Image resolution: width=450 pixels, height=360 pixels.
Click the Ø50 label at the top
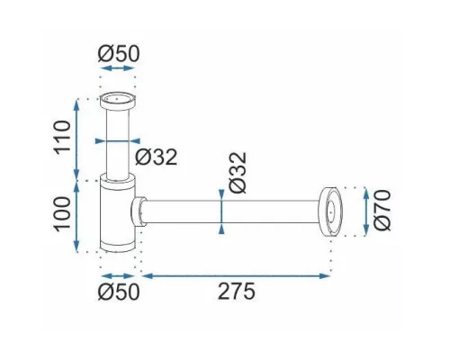[x=119, y=53]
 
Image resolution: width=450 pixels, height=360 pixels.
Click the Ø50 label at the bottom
[x=119, y=291]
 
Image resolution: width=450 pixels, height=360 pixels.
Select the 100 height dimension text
[x=62, y=214]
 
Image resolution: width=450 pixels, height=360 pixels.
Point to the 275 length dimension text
[x=237, y=291]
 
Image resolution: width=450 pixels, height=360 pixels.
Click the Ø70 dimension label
[x=382, y=210]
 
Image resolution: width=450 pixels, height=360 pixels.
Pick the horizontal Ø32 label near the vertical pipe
[x=156, y=157]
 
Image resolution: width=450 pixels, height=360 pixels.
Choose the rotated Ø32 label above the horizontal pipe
[x=238, y=173]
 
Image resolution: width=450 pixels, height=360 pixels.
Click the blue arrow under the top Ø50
[x=118, y=68]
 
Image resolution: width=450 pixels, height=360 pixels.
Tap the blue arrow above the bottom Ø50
[x=118, y=276]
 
